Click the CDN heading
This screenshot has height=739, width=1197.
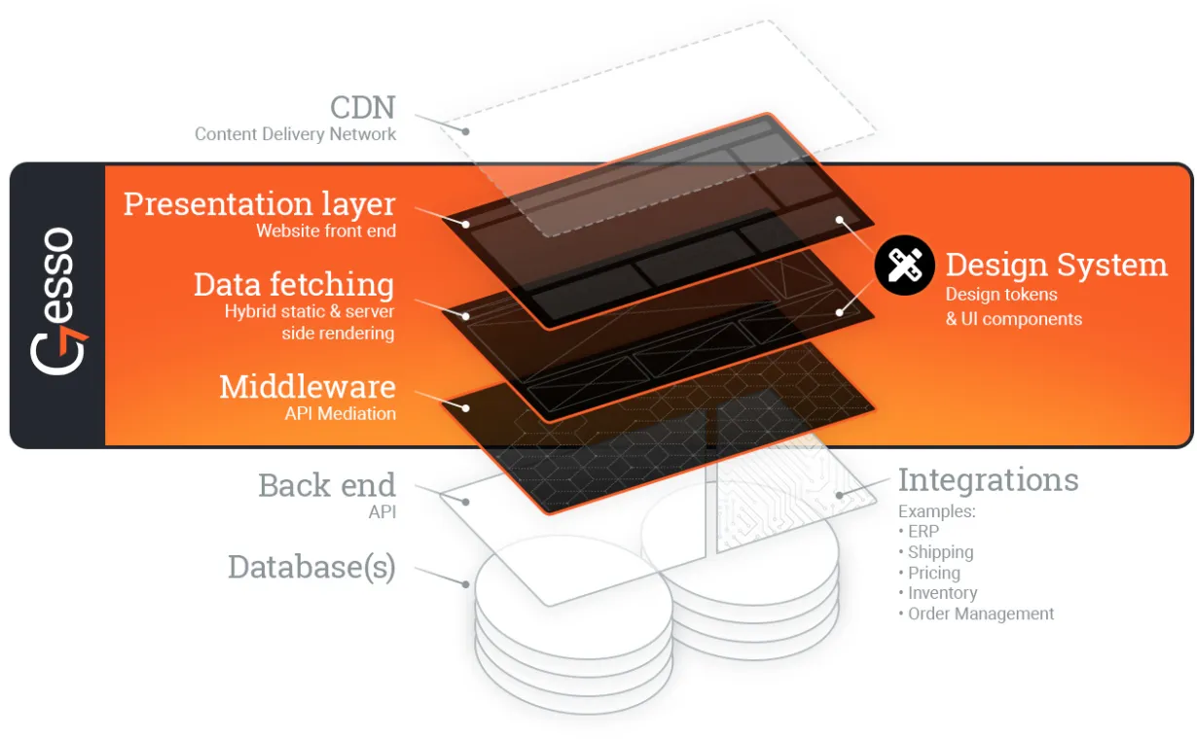point(363,107)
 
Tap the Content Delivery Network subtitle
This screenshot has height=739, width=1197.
point(296,134)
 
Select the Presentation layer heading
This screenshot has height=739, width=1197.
point(260,204)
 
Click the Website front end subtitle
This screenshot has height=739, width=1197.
point(326,231)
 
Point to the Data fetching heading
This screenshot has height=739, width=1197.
point(294,284)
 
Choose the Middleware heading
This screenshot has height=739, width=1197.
point(308,386)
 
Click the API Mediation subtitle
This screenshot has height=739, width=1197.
point(341,414)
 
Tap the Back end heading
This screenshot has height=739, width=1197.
point(327,485)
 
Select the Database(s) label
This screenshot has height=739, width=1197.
point(312,567)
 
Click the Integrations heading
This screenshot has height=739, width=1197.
point(988,480)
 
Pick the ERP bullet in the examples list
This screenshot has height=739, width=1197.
point(919,532)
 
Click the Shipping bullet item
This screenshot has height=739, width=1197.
point(935,552)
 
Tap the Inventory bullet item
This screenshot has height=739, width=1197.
point(938,593)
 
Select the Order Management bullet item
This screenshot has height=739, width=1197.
point(976,615)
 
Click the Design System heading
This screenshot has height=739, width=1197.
point(1057,264)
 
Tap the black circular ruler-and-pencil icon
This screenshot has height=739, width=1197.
point(905,265)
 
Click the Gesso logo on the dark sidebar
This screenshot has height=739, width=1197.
point(58,301)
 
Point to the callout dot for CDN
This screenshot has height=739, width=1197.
point(466,131)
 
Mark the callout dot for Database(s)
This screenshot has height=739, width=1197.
point(466,584)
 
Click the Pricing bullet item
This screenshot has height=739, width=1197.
point(929,573)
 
